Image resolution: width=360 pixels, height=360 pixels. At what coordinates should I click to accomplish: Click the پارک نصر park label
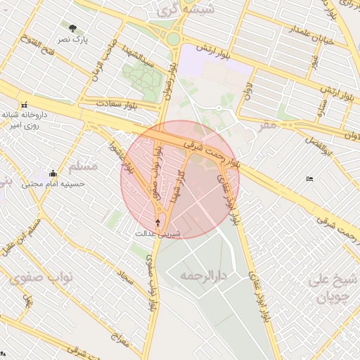tap(73, 39)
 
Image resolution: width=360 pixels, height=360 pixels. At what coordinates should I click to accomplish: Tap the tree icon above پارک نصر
tap(73, 29)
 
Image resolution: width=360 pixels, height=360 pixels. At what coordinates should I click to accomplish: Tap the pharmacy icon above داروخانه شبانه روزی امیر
tap(25, 103)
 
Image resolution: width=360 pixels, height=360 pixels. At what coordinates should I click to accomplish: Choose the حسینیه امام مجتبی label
tap(53, 184)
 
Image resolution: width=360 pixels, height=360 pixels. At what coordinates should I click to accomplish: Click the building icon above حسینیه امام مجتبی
tap(53, 173)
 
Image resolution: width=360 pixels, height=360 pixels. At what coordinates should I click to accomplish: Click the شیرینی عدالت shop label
tap(157, 233)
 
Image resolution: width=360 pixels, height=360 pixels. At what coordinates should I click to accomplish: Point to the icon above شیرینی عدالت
tap(157, 223)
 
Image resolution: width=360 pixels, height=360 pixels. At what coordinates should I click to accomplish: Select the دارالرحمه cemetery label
tap(205, 275)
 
